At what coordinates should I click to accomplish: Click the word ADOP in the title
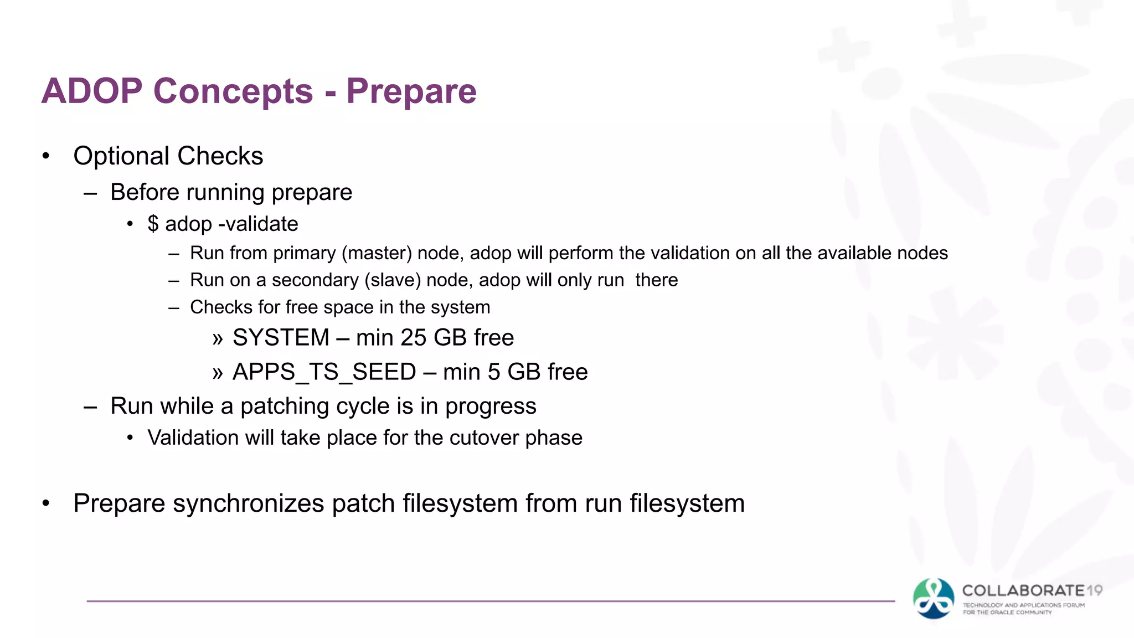(x=92, y=91)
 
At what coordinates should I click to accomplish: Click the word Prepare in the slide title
(x=411, y=91)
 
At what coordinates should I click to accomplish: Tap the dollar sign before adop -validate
(x=153, y=224)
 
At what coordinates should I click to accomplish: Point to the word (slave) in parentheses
(x=393, y=280)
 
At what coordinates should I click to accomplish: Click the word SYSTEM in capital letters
(x=281, y=337)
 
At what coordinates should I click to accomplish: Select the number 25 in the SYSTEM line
(x=413, y=337)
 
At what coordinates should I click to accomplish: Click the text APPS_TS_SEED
(x=324, y=372)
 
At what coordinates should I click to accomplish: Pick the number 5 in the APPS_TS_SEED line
(x=494, y=372)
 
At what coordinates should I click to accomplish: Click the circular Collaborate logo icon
(x=934, y=599)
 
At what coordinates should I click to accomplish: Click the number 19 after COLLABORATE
(x=1094, y=590)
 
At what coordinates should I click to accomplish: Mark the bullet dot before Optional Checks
(x=46, y=156)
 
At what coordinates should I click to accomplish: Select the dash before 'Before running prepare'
(x=90, y=193)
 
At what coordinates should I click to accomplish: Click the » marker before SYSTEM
(x=218, y=338)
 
